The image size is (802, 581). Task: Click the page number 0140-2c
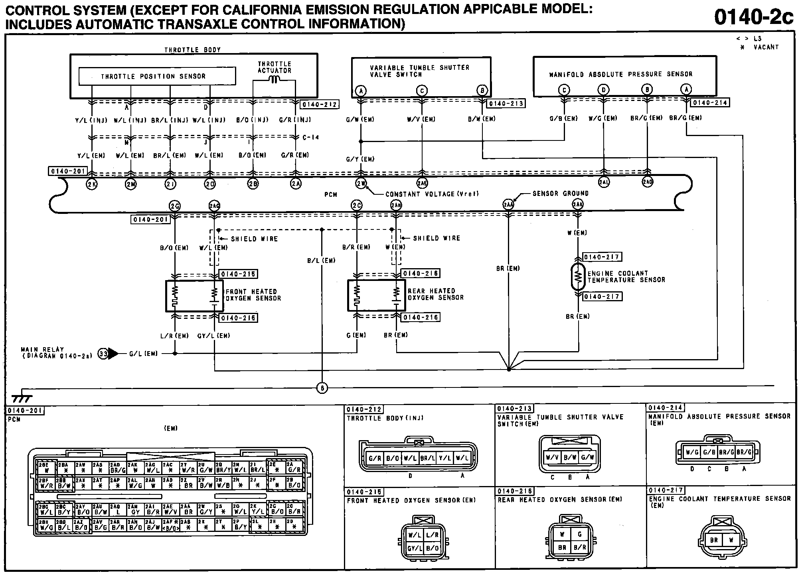pos(753,17)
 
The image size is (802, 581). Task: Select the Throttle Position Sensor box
pos(157,76)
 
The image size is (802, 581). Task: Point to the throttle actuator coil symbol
pos(274,80)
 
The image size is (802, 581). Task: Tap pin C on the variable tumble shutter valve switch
pos(422,91)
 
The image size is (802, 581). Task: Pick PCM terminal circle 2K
pos(92,184)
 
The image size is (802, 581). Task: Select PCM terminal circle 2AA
pos(508,205)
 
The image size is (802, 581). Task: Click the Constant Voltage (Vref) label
pos(432,194)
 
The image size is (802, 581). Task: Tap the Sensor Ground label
pos(560,194)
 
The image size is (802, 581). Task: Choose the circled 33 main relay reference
pos(103,354)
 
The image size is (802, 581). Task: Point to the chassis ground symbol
pos(22,398)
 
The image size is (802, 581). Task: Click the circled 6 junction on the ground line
pos(322,388)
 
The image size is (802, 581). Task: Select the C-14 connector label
pos(310,138)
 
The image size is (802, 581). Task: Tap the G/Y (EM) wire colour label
pos(360,159)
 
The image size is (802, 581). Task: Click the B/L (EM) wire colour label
pos(321,261)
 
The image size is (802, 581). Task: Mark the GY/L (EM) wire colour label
pos(214,336)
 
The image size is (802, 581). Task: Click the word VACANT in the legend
pos(766,47)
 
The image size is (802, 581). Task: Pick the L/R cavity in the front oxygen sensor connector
pos(432,535)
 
